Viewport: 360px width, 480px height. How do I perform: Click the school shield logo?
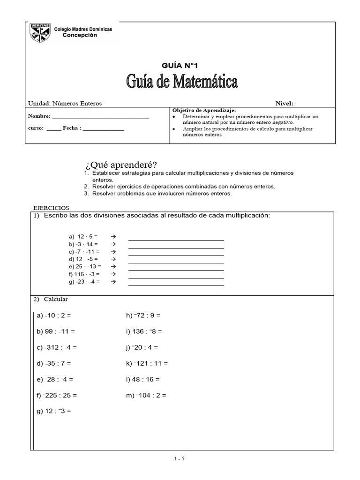point(40,33)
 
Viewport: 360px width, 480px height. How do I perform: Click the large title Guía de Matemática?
point(182,82)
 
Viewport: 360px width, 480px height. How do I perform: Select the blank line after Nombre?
point(100,116)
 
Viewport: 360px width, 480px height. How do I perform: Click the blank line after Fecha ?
point(103,127)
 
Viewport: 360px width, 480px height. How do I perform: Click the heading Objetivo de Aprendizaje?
point(204,110)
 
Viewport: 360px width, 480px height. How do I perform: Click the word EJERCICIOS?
point(51,208)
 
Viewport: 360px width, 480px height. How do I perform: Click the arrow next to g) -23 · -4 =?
point(112,282)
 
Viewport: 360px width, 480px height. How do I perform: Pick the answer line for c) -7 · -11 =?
point(176,255)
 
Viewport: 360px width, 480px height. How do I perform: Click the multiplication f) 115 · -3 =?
point(84,274)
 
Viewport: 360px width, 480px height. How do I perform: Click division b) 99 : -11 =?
point(56,331)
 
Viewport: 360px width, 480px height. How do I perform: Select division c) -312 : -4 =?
point(57,347)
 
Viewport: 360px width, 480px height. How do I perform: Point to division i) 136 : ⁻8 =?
point(144,331)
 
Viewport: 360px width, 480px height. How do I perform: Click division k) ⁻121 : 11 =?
point(147,363)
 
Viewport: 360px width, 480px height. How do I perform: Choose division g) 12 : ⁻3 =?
point(53,411)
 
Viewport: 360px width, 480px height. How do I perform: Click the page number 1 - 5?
point(180,459)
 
